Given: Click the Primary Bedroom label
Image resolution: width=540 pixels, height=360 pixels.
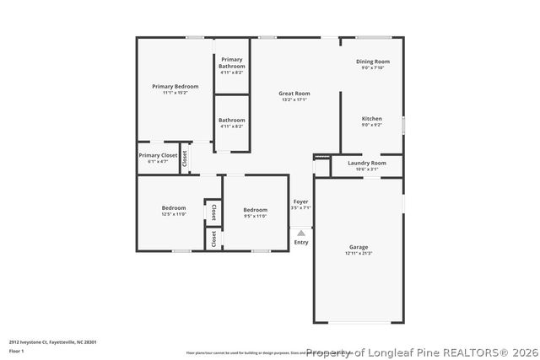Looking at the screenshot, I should pyautogui.click(x=175, y=86).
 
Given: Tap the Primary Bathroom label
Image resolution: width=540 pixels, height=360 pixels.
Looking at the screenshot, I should pyautogui.click(x=231, y=62).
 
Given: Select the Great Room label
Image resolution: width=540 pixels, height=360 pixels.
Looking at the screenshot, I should pyautogui.click(x=294, y=94).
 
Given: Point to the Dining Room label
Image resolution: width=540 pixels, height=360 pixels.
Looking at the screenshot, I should pyautogui.click(x=371, y=62).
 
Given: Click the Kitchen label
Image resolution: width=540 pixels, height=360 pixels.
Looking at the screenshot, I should pyautogui.click(x=371, y=119).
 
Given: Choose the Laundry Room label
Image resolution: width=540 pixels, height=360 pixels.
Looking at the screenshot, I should pyautogui.click(x=366, y=163).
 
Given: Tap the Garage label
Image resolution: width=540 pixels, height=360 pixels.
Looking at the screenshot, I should pyautogui.click(x=358, y=247).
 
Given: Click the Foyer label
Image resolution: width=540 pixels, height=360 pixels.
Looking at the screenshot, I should pyautogui.click(x=300, y=201).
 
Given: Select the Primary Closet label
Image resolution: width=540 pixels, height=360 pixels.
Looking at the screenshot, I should pyautogui.click(x=158, y=155).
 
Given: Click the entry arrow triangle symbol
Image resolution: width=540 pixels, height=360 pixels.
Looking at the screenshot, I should pyautogui.click(x=300, y=233).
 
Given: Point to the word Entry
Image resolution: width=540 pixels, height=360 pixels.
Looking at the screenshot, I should pyautogui.click(x=300, y=242).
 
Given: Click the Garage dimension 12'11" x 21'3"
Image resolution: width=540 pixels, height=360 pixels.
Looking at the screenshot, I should pyautogui.click(x=358, y=253).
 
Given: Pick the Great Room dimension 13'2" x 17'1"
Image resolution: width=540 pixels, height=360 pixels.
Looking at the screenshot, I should pyautogui.click(x=294, y=99).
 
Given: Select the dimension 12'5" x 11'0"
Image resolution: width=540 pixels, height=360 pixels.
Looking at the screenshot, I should pyautogui.click(x=174, y=214).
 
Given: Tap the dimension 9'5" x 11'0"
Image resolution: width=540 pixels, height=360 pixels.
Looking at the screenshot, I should pyautogui.click(x=255, y=216).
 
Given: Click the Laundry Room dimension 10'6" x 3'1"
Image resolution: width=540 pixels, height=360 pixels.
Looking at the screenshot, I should pyautogui.click(x=366, y=169).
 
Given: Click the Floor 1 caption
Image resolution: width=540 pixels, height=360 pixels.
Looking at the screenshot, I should pyautogui.click(x=16, y=350).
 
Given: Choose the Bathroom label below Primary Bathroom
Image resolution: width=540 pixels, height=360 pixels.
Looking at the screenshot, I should pyautogui.click(x=231, y=121).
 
